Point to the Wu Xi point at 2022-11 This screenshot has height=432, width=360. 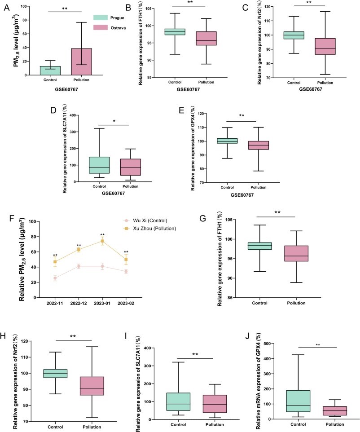[55, 278]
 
